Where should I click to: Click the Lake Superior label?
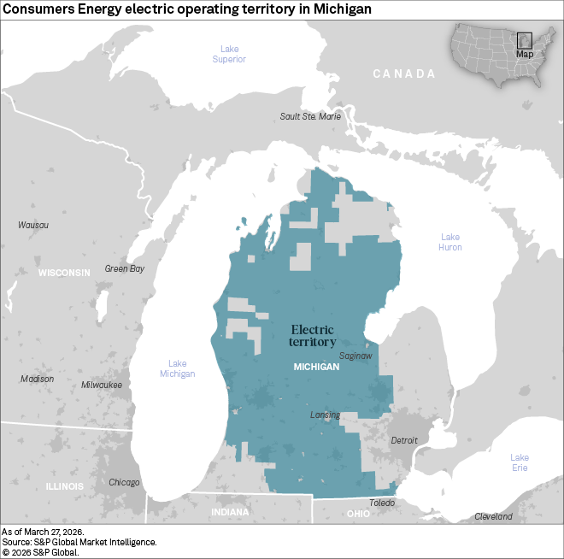click(x=229, y=54)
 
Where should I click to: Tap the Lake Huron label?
click(x=450, y=242)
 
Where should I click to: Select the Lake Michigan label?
click(x=177, y=368)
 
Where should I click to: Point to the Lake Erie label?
click(x=520, y=463)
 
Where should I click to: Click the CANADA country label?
click(x=404, y=74)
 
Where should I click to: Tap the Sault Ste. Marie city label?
click(x=311, y=116)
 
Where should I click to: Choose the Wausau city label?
click(x=33, y=225)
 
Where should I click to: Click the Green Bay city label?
click(x=125, y=268)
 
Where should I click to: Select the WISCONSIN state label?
click(x=64, y=273)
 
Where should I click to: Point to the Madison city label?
click(x=37, y=379)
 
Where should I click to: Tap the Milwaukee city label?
click(x=102, y=385)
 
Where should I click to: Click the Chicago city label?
click(x=124, y=482)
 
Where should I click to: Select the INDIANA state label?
click(x=230, y=512)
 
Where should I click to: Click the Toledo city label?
click(x=382, y=503)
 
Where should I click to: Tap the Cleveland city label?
click(x=493, y=516)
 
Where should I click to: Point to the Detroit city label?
click(x=404, y=440)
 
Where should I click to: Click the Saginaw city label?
click(x=355, y=355)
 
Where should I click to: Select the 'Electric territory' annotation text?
click(x=313, y=335)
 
